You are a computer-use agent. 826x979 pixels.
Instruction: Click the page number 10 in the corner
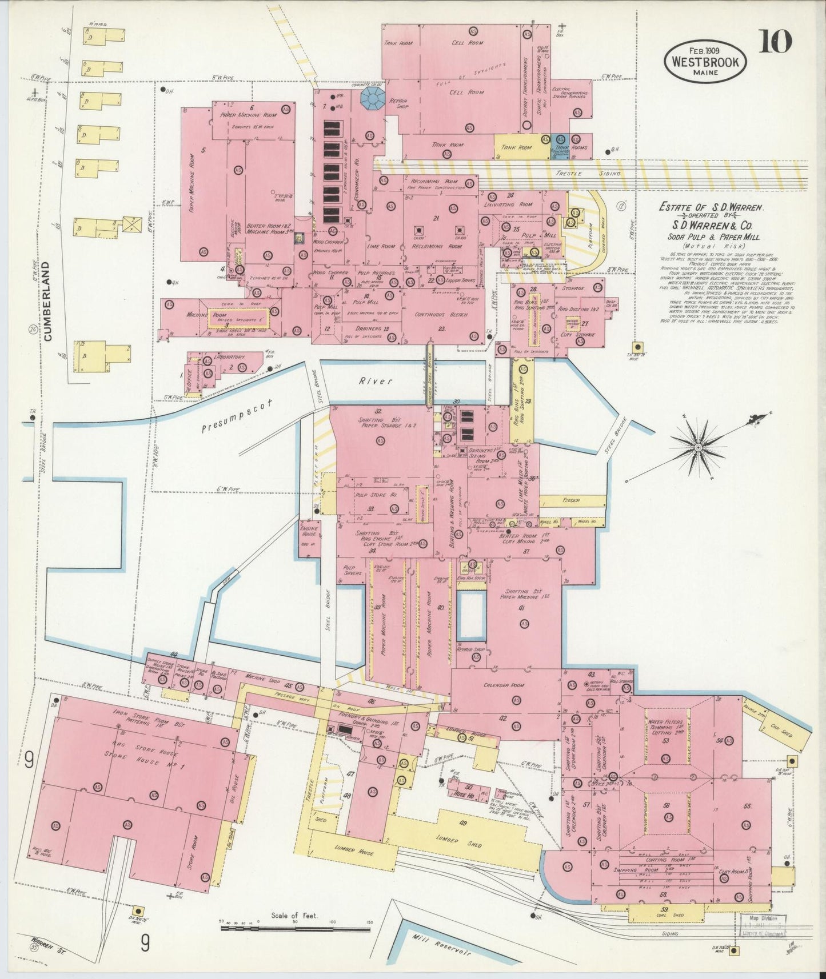pyautogui.click(x=775, y=42)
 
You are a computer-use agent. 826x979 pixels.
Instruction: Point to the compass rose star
pyautogui.click(x=698, y=446)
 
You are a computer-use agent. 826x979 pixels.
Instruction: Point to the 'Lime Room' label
pyautogui.click(x=381, y=246)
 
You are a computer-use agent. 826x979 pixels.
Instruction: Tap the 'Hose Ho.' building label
pyautogui.click(x=464, y=795)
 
